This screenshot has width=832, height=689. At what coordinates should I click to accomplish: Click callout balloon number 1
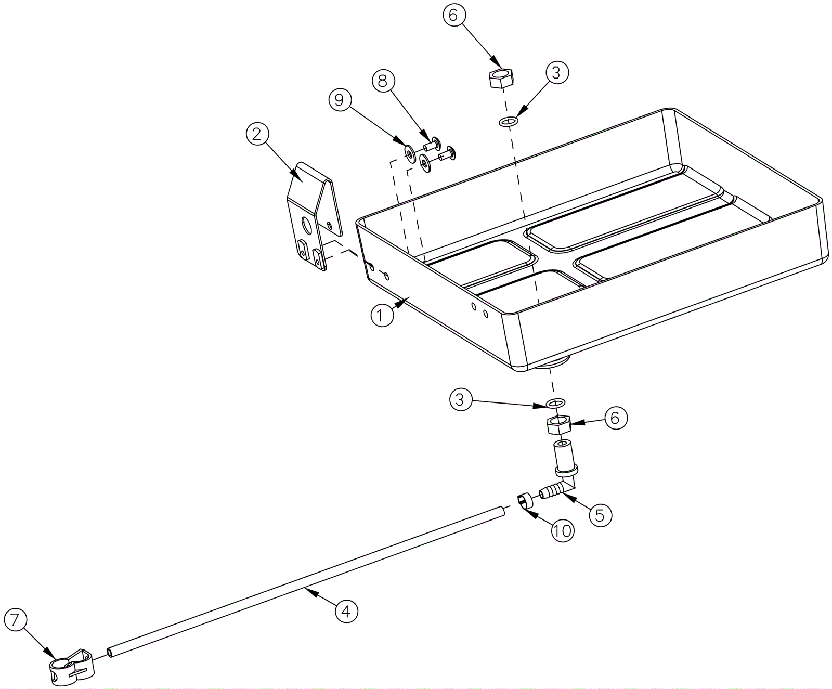pyautogui.click(x=382, y=316)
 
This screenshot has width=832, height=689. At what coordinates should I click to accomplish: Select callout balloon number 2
pyautogui.click(x=257, y=134)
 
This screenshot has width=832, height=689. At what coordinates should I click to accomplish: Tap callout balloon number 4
pyautogui.click(x=346, y=611)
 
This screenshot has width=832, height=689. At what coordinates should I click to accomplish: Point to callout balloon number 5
pyautogui.click(x=600, y=515)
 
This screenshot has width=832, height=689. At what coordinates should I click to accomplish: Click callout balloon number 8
pyautogui.click(x=383, y=81)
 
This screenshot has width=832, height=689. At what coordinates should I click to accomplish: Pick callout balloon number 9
pyautogui.click(x=340, y=100)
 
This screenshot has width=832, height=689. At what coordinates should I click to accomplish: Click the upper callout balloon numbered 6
pyautogui.click(x=453, y=16)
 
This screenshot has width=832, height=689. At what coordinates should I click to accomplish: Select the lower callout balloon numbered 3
pyautogui.click(x=460, y=400)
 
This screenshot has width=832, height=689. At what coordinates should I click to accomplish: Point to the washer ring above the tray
pyautogui.click(x=508, y=122)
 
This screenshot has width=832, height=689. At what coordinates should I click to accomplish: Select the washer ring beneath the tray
pyautogui.click(x=556, y=403)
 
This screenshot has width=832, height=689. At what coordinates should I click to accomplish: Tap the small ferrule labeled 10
pyautogui.click(x=525, y=501)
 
